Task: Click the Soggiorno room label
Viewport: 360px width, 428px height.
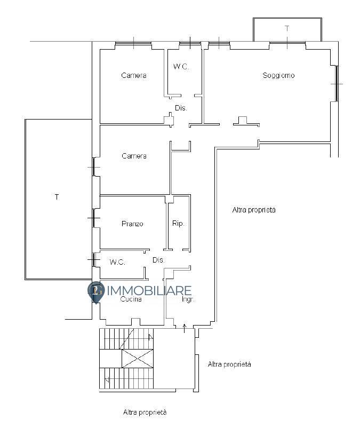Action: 278,75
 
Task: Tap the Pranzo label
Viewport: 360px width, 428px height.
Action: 132,224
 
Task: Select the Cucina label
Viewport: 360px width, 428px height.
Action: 131,299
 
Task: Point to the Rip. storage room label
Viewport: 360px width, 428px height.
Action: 178,224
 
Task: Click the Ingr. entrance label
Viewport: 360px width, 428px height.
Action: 188,299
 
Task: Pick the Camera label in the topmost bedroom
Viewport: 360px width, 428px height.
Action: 134,75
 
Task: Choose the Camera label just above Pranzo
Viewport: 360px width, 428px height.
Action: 134,156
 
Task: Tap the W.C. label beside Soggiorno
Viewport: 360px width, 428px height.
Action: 181,66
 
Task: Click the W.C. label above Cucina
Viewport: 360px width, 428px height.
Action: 117,262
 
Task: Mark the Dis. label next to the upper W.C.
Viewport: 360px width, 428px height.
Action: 181,108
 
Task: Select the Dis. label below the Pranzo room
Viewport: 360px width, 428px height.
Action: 158,260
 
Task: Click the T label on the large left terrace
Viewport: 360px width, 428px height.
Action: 57,197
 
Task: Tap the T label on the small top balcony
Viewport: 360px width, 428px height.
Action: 287,28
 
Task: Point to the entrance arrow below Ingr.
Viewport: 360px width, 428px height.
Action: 185,328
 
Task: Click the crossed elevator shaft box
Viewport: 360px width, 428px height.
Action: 138,359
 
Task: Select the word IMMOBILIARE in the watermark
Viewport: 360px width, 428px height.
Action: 149,291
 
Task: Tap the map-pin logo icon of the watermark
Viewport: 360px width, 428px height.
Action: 96,292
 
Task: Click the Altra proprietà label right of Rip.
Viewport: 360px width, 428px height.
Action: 254,210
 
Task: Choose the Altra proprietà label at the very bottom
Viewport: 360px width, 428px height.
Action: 145,412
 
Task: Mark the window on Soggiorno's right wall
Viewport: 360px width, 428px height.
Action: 337,84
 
